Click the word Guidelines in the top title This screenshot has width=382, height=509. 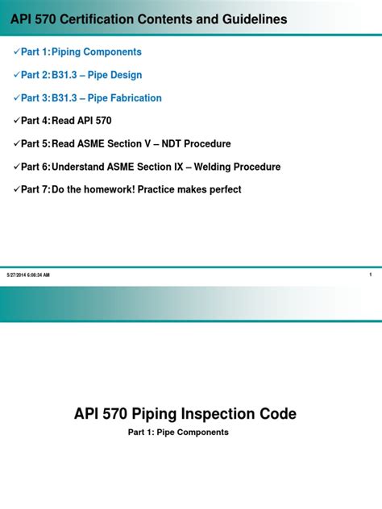click(250, 19)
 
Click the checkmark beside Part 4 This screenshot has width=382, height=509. click(15, 121)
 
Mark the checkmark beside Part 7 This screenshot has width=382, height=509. click(15, 189)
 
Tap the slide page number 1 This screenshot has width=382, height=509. click(369, 275)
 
